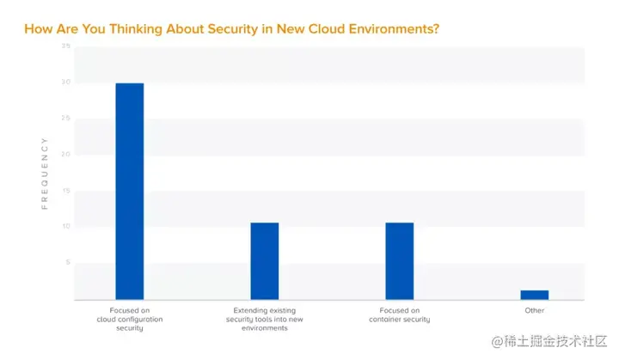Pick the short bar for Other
pyautogui.click(x=534, y=295)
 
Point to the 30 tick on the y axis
pyautogui.click(x=65, y=82)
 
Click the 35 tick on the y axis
pyautogui.click(x=65, y=46)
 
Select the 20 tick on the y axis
pyautogui.click(x=65, y=155)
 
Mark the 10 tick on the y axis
pyautogui.click(x=65, y=227)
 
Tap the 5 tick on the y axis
pyautogui.click(x=67, y=263)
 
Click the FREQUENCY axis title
pyautogui.click(x=45, y=173)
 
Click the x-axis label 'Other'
pyautogui.click(x=534, y=310)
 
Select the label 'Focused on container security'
pyautogui.click(x=400, y=314)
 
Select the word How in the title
pyautogui.click(x=37, y=28)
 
